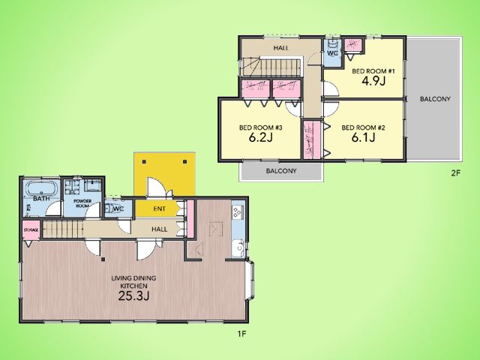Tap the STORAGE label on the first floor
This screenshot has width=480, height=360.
coord(31,230)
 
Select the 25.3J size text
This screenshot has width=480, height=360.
coord(133,295)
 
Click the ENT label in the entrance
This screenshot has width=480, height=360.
coord(159,208)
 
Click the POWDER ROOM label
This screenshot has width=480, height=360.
coord(82,203)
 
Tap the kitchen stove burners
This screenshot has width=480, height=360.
coord(237,211)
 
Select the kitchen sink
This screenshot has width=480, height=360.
coord(238,248)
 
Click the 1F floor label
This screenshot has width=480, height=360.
coord(241,334)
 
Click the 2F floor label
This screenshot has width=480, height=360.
coord(455,173)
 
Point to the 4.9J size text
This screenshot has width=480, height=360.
coord(373,81)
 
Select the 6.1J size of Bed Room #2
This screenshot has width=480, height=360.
coord(363,137)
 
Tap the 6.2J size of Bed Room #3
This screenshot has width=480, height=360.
coord(260,137)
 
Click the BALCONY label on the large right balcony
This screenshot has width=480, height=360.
coord(435,99)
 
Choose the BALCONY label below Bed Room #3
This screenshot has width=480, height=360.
coord(281,171)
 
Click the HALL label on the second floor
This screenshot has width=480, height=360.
coord(280,48)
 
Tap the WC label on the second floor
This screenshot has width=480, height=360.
coord(332,53)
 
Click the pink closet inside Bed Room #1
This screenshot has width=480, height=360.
coord(353,45)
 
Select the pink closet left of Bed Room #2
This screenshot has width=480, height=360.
coord(312,139)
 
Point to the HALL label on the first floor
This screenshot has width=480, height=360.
coord(160,229)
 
